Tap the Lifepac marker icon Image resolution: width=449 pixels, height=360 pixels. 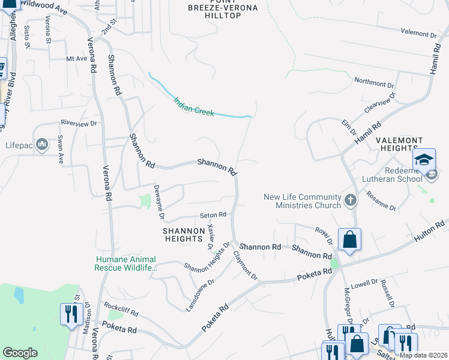pos(42,144)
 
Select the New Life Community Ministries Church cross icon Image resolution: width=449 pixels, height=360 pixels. pos(351,200)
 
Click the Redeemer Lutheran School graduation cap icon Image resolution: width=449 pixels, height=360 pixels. pos(424,160)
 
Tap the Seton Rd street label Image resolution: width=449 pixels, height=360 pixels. pos(213,215)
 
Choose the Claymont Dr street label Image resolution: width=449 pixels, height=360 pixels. pos(246,266)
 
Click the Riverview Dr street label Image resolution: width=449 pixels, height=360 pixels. pos(78,123)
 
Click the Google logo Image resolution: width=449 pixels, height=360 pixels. pos(20,353)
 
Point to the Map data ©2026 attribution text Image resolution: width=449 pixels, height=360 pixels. pos(423,355)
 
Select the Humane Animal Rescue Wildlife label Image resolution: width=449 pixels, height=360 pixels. pos(125,263)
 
